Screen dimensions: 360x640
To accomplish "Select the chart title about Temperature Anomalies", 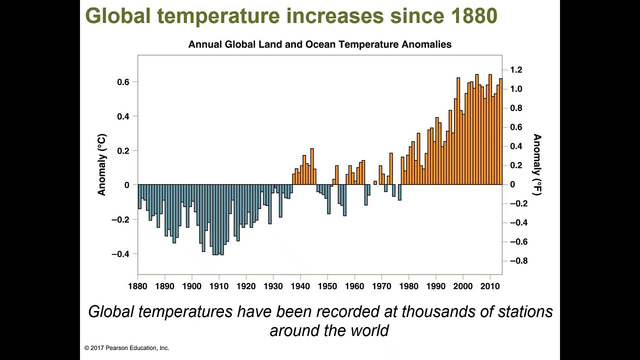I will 319,44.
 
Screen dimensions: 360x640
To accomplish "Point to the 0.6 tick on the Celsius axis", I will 123,82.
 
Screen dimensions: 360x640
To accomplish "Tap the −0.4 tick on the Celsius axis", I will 120,254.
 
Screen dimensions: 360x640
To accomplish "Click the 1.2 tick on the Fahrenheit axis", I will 516,70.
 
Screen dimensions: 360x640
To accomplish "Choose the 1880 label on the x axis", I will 137,286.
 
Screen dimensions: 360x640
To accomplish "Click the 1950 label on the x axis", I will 327,286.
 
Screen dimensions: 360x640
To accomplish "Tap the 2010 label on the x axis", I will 490,286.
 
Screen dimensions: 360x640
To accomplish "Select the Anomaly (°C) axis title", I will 102,164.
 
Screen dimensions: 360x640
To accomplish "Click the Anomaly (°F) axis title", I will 537,164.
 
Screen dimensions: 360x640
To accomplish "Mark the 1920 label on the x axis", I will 246,286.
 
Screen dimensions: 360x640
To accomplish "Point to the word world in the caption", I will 368,331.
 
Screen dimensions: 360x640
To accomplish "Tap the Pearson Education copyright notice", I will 127,348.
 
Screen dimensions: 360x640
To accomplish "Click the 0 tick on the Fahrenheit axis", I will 512,184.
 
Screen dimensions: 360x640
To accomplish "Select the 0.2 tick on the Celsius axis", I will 123,151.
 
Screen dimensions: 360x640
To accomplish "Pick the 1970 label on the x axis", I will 381,286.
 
